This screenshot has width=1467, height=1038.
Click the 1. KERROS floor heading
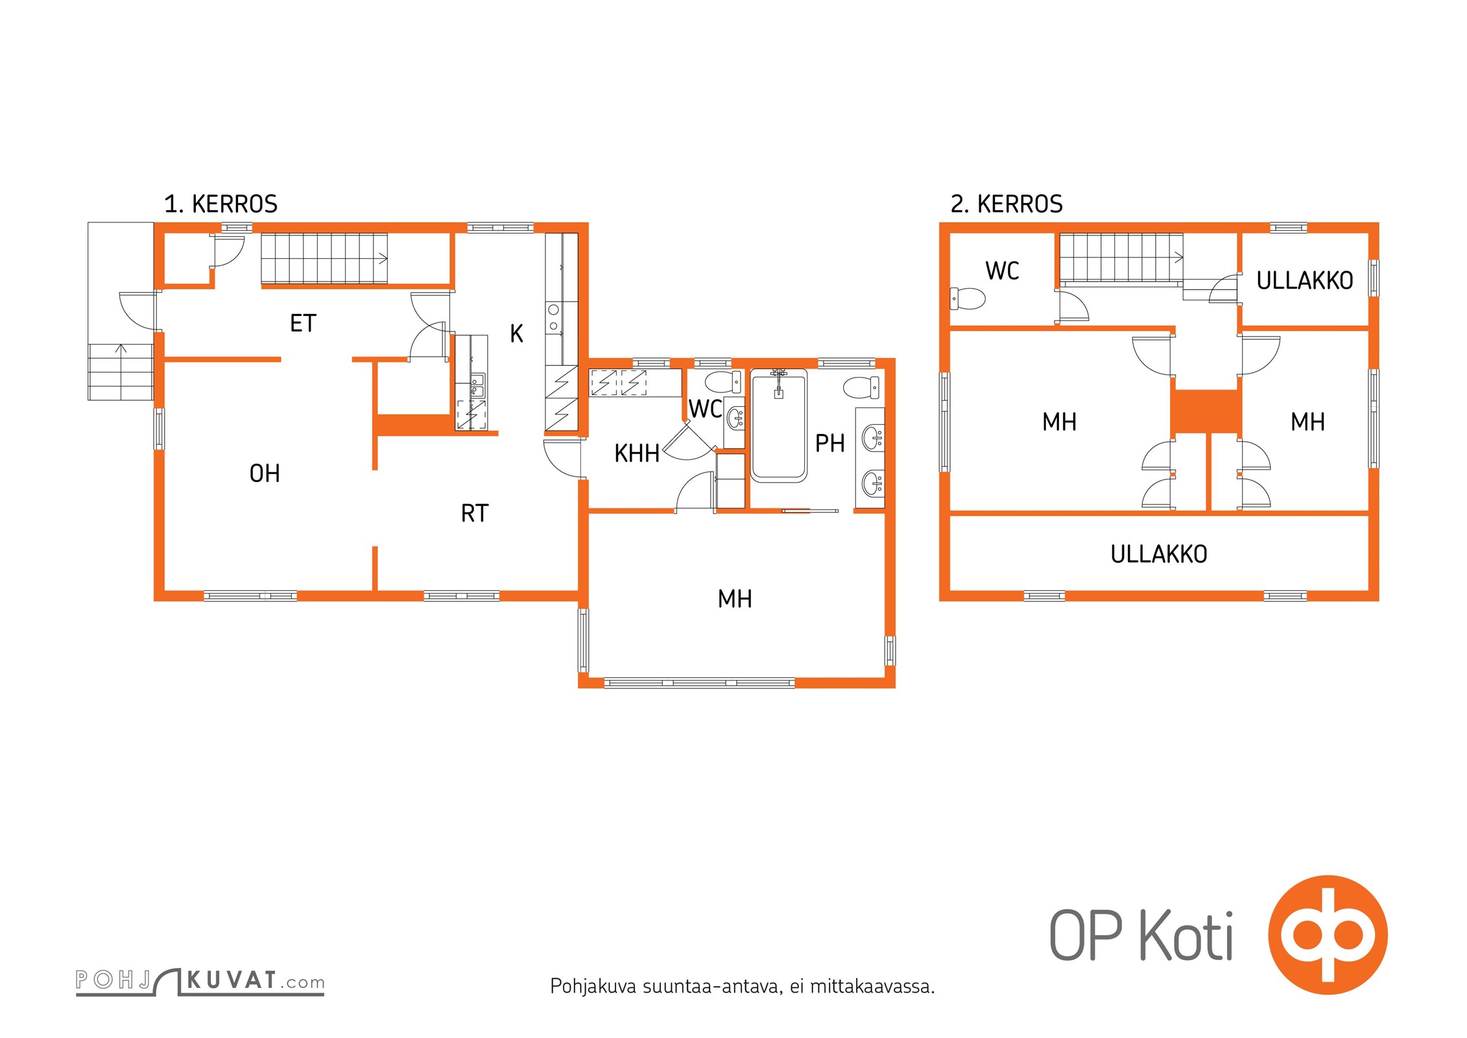(221, 204)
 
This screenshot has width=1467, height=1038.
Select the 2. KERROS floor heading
(1007, 204)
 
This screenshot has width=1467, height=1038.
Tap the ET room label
(303, 323)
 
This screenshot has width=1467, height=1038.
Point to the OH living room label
(265, 474)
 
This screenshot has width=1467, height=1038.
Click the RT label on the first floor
(474, 513)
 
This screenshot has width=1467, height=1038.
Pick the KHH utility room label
(637, 453)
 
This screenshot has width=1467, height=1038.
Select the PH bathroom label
(829, 443)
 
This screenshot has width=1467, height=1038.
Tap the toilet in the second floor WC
(967, 299)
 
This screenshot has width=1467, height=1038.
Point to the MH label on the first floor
(735, 599)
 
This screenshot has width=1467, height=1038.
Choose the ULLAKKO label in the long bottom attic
(1159, 554)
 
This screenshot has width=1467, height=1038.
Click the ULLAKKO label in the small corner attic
(1305, 280)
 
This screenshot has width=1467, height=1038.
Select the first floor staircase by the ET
(324, 258)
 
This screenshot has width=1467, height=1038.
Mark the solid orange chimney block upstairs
(1206, 412)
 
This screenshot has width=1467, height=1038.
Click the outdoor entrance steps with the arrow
(121, 372)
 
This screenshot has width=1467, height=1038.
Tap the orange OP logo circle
(1328, 935)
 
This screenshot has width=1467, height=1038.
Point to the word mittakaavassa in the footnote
(872, 987)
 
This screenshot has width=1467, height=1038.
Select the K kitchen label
(516, 333)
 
